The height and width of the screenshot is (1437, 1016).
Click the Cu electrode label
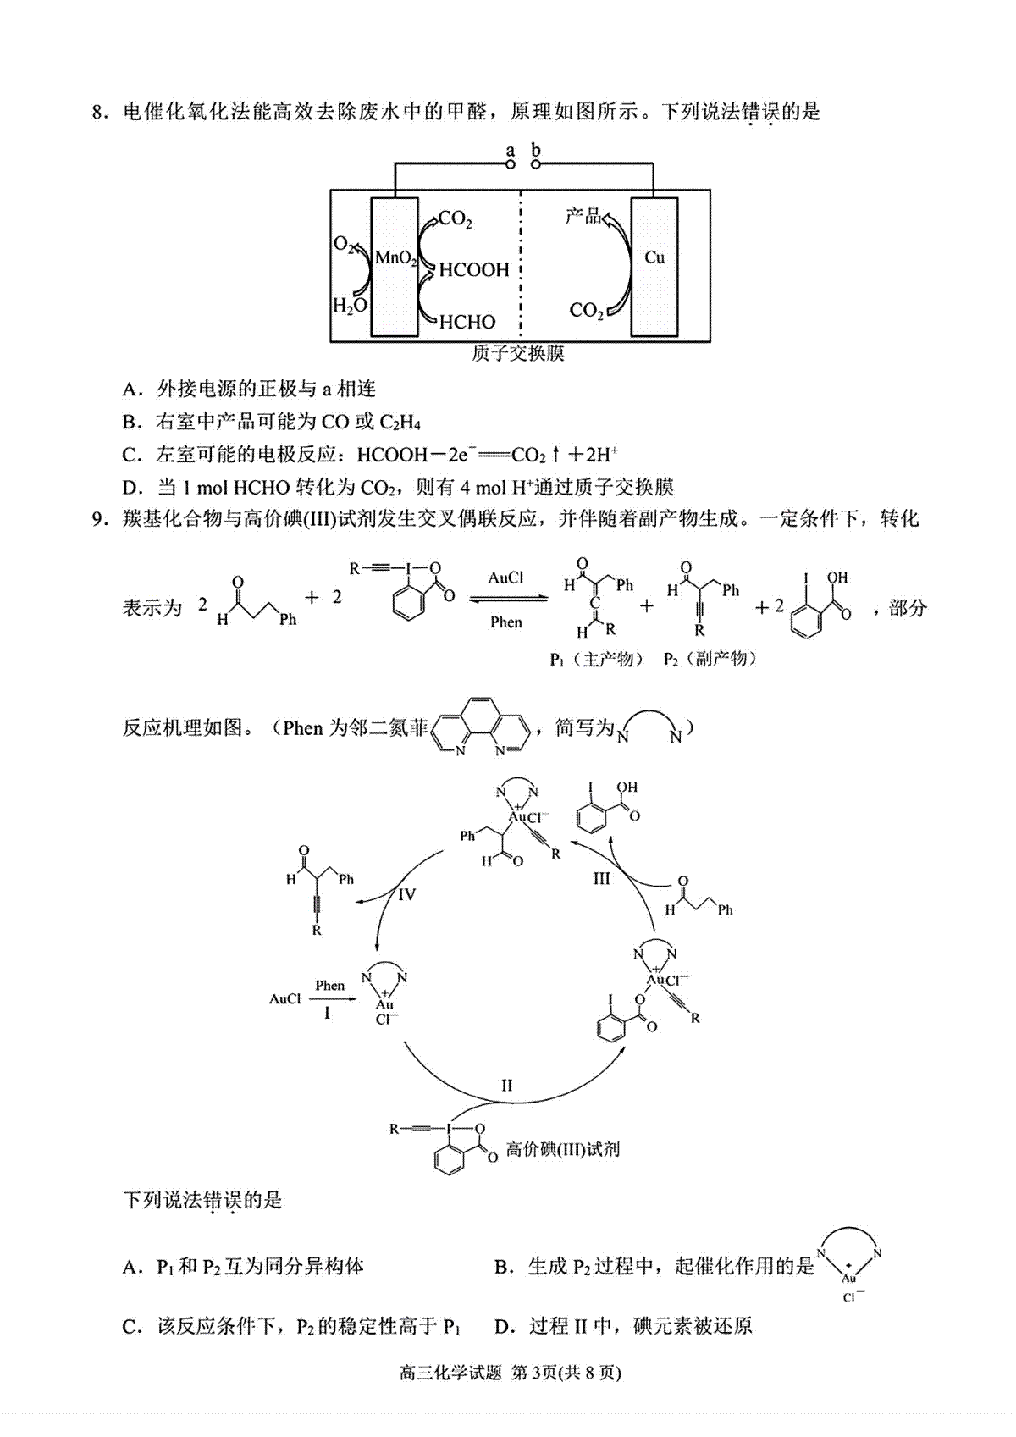(654, 257)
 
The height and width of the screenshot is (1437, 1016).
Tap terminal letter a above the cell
(510, 151)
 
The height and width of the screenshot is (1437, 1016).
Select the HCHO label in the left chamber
(467, 322)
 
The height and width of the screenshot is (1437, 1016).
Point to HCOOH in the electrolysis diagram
(474, 269)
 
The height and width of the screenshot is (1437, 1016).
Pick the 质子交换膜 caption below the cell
(517, 353)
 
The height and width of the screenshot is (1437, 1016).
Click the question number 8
(98, 113)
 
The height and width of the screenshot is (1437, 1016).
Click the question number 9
(98, 518)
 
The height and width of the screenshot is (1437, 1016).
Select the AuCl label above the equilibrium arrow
(506, 578)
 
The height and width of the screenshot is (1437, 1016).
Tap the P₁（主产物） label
(597, 659)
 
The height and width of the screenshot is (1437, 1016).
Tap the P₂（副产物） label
(710, 659)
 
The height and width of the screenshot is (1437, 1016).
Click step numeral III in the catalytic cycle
(601, 878)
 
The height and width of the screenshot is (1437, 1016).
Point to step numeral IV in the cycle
(406, 893)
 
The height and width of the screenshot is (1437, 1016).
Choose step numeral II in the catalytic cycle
(506, 1085)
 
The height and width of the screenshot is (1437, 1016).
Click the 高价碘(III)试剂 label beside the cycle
(562, 1148)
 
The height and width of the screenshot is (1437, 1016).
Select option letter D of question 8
(130, 488)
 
